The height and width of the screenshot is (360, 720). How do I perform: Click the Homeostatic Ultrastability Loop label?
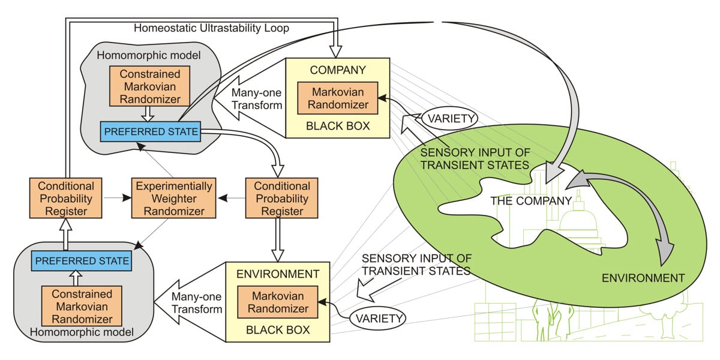[211, 28]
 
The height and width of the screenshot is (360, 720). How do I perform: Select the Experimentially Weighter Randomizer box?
[173, 199]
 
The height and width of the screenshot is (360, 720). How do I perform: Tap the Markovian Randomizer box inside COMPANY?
[337, 98]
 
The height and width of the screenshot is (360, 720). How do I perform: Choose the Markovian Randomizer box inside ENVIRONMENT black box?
[278, 302]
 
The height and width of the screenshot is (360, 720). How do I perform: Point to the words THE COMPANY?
[531, 201]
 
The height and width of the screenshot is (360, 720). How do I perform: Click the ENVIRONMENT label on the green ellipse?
[643, 278]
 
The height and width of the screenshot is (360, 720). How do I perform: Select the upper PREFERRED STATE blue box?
[151, 131]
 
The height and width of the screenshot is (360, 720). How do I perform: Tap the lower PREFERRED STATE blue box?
[82, 260]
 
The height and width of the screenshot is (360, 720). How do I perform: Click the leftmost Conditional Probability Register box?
[65, 199]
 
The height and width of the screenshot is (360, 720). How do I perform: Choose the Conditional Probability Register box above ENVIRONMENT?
[281, 199]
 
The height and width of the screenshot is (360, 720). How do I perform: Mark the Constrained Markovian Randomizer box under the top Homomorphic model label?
[149, 86]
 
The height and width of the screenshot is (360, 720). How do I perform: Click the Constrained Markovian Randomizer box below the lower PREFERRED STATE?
[82, 306]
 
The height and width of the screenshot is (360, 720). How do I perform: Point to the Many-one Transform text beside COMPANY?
[257, 99]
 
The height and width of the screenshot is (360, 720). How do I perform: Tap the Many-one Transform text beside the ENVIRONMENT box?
[197, 303]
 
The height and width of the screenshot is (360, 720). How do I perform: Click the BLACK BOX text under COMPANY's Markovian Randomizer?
[337, 126]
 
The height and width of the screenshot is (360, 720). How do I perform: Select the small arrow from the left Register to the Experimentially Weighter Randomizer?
[118, 198]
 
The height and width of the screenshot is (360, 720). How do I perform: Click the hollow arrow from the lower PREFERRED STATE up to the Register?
[66, 235]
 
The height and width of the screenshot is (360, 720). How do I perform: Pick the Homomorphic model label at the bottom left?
[82, 332]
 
